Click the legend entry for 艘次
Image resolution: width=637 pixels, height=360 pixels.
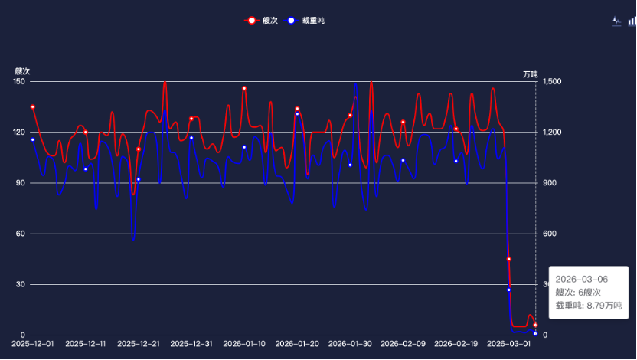click(x=261, y=21)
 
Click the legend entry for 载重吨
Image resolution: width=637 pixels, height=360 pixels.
click(x=307, y=21)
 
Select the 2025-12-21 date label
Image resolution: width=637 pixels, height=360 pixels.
click(x=139, y=345)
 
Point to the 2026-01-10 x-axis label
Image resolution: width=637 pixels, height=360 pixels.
click(x=243, y=345)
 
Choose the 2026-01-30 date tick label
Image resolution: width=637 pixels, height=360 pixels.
click(x=350, y=345)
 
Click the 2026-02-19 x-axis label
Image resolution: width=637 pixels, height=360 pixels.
click(x=456, y=345)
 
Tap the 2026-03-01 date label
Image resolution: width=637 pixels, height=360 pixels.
click(x=508, y=345)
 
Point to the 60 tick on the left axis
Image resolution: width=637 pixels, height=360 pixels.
click(x=21, y=234)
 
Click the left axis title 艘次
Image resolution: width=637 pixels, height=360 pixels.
click(x=23, y=71)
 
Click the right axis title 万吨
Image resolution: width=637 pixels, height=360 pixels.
click(x=531, y=74)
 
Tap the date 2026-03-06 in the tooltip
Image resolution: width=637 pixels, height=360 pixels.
click(x=581, y=280)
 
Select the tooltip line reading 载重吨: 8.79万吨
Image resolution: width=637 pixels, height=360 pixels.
click(x=588, y=305)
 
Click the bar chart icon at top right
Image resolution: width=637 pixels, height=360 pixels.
click(x=632, y=21)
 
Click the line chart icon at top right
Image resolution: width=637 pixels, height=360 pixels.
click(x=616, y=21)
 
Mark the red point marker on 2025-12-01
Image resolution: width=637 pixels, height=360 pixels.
click(x=32, y=106)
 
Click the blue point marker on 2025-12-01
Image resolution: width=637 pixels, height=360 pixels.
click(x=32, y=139)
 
